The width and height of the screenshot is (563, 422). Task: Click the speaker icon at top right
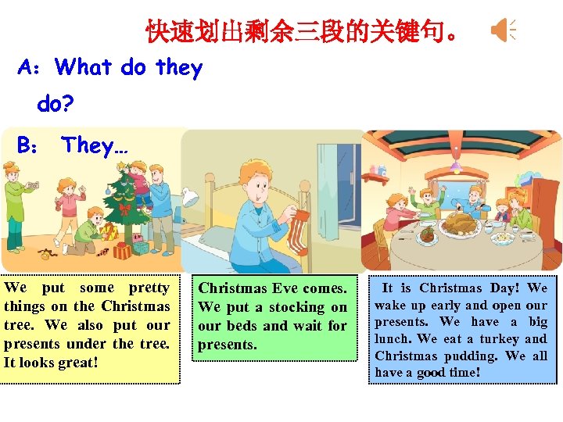click(502, 30)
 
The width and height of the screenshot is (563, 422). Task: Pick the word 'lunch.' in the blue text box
click(393, 338)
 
